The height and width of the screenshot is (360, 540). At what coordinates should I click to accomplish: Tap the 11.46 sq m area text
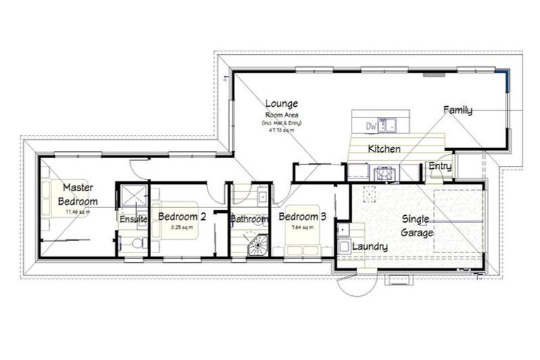click(x=79, y=211)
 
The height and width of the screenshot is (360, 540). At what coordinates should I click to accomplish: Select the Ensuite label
click(x=133, y=219)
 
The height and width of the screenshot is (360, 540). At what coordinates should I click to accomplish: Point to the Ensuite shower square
click(x=131, y=195)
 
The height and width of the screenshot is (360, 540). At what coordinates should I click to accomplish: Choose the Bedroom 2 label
click(x=181, y=217)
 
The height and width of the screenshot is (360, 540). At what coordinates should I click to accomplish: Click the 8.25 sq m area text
click(x=181, y=228)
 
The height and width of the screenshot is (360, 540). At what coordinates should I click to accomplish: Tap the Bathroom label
click(x=250, y=219)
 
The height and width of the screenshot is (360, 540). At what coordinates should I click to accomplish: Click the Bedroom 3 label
click(x=302, y=217)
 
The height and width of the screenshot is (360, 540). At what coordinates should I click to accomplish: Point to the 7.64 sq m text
click(x=302, y=228)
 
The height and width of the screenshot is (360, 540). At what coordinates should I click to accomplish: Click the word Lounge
click(x=282, y=103)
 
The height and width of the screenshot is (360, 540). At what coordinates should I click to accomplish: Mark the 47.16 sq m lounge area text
click(x=282, y=129)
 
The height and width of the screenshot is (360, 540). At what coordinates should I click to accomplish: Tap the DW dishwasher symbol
click(x=371, y=126)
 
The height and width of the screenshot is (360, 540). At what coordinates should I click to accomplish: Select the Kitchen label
click(x=384, y=149)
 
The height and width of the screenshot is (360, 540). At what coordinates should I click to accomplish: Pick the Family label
click(x=458, y=110)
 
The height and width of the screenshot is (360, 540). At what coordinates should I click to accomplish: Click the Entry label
click(x=440, y=167)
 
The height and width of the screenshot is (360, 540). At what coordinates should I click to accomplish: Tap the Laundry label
click(x=370, y=247)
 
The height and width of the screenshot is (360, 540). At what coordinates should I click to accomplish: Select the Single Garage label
click(x=416, y=226)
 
